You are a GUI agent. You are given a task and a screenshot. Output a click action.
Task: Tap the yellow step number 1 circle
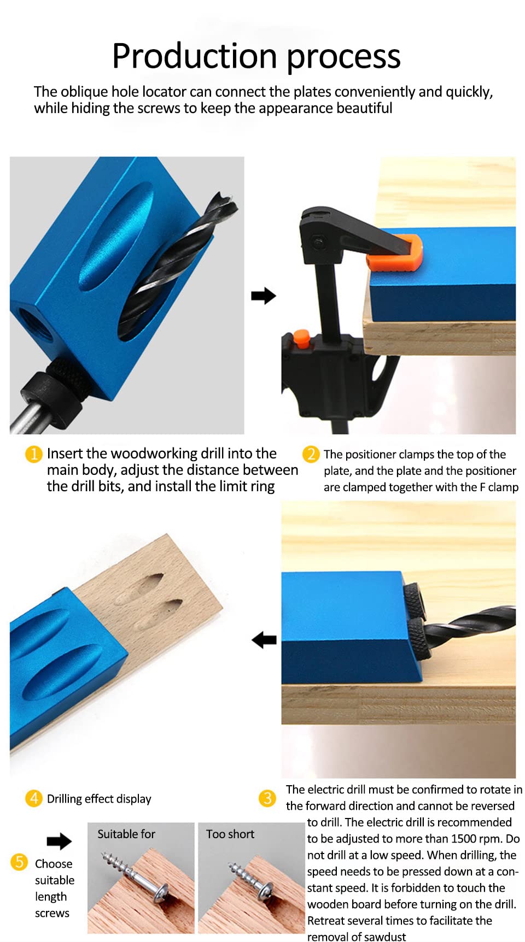(x=33, y=454)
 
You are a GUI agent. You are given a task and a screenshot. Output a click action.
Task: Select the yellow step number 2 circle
(x=311, y=454)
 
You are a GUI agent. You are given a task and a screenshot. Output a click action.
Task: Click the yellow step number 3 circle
(x=267, y=798)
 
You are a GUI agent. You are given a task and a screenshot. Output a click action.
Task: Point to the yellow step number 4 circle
(x=33, y=798)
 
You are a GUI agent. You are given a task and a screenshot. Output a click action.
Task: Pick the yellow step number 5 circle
(x=19, y=862)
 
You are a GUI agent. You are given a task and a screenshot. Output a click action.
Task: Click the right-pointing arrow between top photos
(x=263, y=296)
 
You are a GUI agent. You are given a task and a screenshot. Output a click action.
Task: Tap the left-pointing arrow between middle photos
(x=264, y=640)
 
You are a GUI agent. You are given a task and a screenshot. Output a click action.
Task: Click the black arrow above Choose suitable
(x=59, y=841)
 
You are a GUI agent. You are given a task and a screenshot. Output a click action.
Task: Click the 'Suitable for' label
(x=126, y=834)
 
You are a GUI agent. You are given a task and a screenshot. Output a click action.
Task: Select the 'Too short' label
(x=230, y=834)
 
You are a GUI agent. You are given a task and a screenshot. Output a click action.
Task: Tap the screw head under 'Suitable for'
(x=162, y=893)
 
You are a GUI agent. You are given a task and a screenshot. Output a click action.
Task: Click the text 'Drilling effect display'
(x=99, y=799)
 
